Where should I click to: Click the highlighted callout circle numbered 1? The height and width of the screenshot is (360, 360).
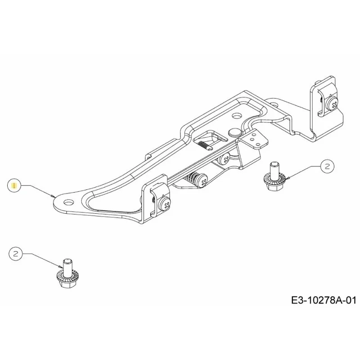coord(14,185)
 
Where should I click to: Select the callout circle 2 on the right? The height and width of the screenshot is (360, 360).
coord(328,166)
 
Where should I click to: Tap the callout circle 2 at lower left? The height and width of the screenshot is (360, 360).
coord(16,254)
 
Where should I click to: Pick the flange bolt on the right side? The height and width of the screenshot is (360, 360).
coord(274,176)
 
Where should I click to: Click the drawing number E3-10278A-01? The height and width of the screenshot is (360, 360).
coord(324,300)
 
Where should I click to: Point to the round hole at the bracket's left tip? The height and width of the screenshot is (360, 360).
coord(69,202)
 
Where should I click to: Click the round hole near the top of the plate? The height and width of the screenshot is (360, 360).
coord(237,116)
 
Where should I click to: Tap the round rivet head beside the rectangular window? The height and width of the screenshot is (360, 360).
coord(234,132)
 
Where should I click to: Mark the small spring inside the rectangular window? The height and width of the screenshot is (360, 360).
coord(204,145)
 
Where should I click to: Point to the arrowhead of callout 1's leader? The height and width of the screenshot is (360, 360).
coord(53,196)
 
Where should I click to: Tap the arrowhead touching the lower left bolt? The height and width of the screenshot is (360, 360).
coord(61,266)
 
